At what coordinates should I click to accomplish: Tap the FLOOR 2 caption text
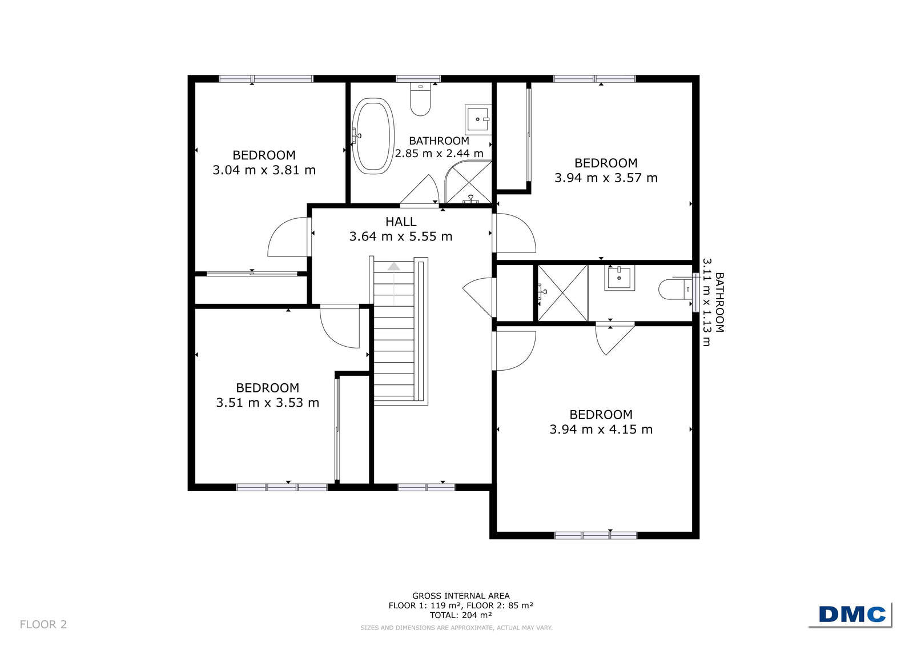(x=43, y=624)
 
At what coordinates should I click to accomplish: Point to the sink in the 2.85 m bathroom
(x=478, y=119)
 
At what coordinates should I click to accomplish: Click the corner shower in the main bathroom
(x=468, y=182)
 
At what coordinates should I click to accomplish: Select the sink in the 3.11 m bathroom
(x=620, y=278)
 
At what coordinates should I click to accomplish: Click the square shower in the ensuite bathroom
(x=562, y=292)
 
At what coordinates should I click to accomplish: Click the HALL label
(x=401, y=222)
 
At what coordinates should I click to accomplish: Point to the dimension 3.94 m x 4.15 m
(x=601, y=430)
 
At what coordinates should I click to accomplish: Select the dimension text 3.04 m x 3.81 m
(x=264, y=170)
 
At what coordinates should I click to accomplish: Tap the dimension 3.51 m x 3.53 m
(x=267, y=403)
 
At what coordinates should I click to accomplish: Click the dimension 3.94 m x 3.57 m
(x=606, y=178)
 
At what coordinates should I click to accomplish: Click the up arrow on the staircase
(x=394, y=267)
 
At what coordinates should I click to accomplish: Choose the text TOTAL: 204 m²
(x=461, y=615)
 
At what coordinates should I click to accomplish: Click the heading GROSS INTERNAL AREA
(x=461, y=596)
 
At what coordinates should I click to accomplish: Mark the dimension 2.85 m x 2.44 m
(x=439, y=154)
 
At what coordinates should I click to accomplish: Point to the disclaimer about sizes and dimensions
(x=457, y=628)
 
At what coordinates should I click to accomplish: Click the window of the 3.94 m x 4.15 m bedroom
(x=596, y=536)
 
